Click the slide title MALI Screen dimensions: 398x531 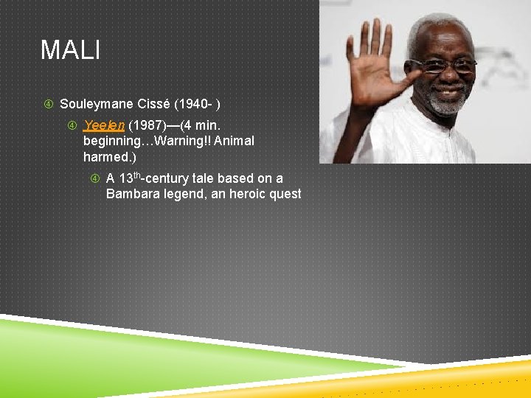click(x=70, y=50)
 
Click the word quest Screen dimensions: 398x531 click(x=285, y=194)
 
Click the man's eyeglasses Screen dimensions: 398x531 click(x=444, y=66)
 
